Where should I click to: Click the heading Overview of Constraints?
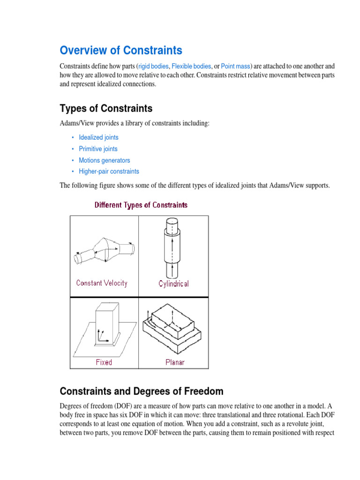pyautogui.click(x=121, y=51)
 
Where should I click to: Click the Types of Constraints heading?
pyautogui.click(x=106, y=109)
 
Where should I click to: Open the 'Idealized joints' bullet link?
pyautogui.click(x=98, y=137)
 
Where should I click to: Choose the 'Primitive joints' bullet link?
pyautogui.click(x=98, y=149)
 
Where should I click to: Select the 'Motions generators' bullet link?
pyautogui.click(x=105, y=160)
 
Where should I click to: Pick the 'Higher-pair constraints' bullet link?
pyautogui.click(x=109, y=172)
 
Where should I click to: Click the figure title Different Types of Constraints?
pyautogui.click(x=141, y=205)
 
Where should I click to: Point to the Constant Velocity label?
pyautogui.click(x=102, y=283)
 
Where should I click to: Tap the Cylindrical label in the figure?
pyautogui.click(x=174, y=284)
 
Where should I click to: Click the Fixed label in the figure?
pyautogui.click(x=104, y=362)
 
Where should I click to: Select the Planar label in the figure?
pyautogui.click(x=175, y=362)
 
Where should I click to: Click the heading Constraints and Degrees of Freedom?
pyautogui.click(x=142, y=391)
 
